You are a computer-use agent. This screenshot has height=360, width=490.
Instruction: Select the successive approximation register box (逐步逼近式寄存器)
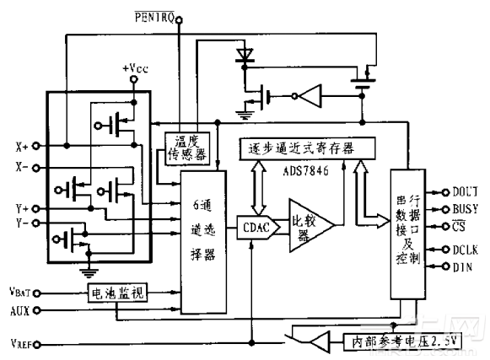(295, 148)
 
